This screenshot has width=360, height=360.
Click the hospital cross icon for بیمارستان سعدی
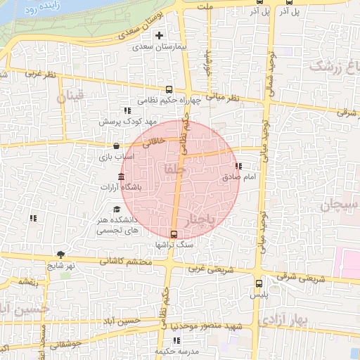point(160,35)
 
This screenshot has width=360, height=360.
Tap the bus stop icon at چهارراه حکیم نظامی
point(168,89)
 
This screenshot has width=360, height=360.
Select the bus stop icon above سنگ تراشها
point(174,234)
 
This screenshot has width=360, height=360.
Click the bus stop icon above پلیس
point(259,284)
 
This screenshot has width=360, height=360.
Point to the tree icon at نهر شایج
point(61,254)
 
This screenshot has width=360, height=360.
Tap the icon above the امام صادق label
point(239,167)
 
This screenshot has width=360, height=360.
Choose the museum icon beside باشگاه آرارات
point(122,176)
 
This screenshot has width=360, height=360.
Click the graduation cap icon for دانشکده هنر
point(116,209)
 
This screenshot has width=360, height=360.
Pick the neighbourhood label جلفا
point(173,169)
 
